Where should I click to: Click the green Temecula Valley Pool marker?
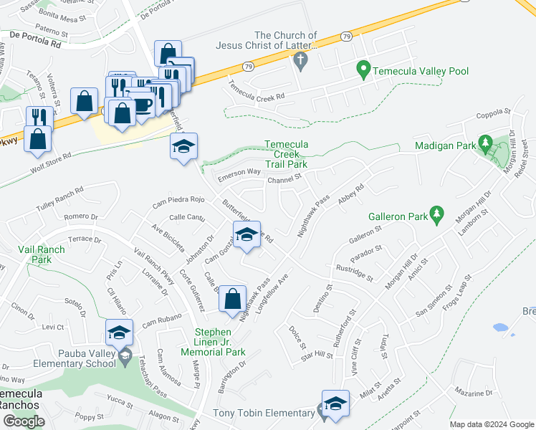click(x=363, y=70)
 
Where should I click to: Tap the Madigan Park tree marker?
click(x=485, y=145)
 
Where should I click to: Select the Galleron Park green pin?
click(x=435, y=214)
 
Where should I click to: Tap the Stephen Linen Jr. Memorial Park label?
click(x=221, y=342)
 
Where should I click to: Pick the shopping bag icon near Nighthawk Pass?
click(x=233, y=300)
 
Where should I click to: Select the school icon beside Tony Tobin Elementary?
click(x=335, y=405)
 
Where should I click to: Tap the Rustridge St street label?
click(x=354, y=273)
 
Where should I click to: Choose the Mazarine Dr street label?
click(x=474, y=393)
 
